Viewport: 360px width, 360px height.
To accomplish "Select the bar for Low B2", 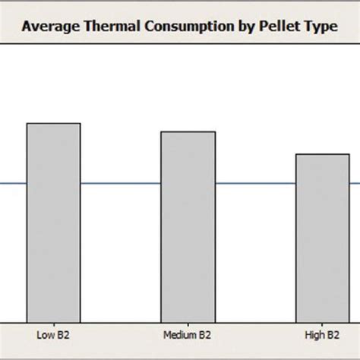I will (x=53, y=228).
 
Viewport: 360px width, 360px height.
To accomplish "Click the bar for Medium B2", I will (x=188, y=228).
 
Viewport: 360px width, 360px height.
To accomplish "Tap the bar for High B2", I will (x=322, y=243).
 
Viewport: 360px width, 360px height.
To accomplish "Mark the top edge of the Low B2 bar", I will (x=53, y=123).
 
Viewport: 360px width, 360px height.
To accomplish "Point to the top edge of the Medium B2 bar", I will (x=188, y=131).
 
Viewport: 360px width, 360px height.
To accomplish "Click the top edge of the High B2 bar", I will (x=322, y=154).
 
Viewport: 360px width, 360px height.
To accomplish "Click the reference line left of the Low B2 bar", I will (x=13, y=183).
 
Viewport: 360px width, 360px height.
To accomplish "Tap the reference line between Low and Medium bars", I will (x=120, y=183).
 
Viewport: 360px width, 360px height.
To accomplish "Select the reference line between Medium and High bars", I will (x=255, y=183).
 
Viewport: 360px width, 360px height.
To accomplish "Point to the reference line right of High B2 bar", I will (x=354, y=183).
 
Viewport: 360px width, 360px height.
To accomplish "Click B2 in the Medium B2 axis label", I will (x=205, y=335).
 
